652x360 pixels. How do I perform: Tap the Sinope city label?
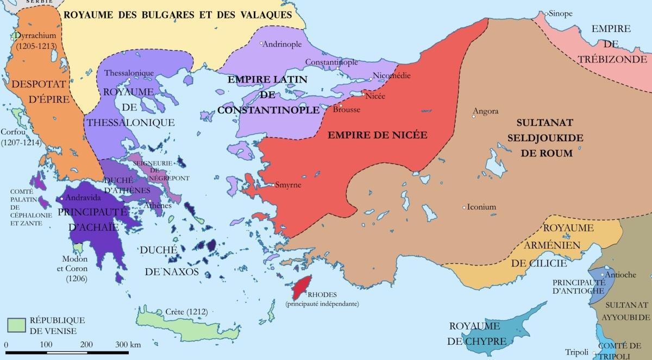coord(560,14)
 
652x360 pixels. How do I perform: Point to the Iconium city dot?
coord(464,207)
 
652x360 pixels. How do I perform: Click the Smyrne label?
coord(289,185)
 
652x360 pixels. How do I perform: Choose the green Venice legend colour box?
coord(17,324)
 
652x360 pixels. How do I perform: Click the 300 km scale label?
coord(128,345)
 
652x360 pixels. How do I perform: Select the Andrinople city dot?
coord(261,43)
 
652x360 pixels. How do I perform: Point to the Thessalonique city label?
coord(129,73)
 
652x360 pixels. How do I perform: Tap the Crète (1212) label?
coord(180,313)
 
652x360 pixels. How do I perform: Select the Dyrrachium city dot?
coord(12,38)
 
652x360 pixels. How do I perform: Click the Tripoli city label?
coord(576,351)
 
